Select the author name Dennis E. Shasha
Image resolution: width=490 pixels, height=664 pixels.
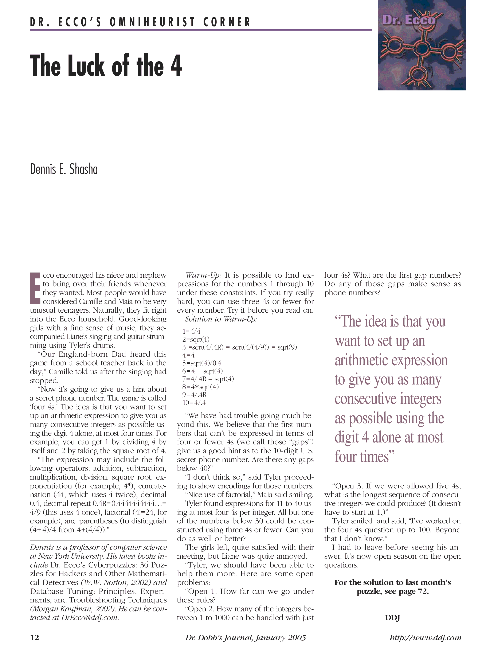64,170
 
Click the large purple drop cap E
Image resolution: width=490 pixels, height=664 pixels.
35,288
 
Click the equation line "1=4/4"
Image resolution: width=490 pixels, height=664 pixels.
191,331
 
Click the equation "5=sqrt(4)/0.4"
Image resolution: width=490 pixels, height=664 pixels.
202,363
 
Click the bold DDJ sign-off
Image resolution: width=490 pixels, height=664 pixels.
392,618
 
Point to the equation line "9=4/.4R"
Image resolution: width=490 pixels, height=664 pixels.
194,395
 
